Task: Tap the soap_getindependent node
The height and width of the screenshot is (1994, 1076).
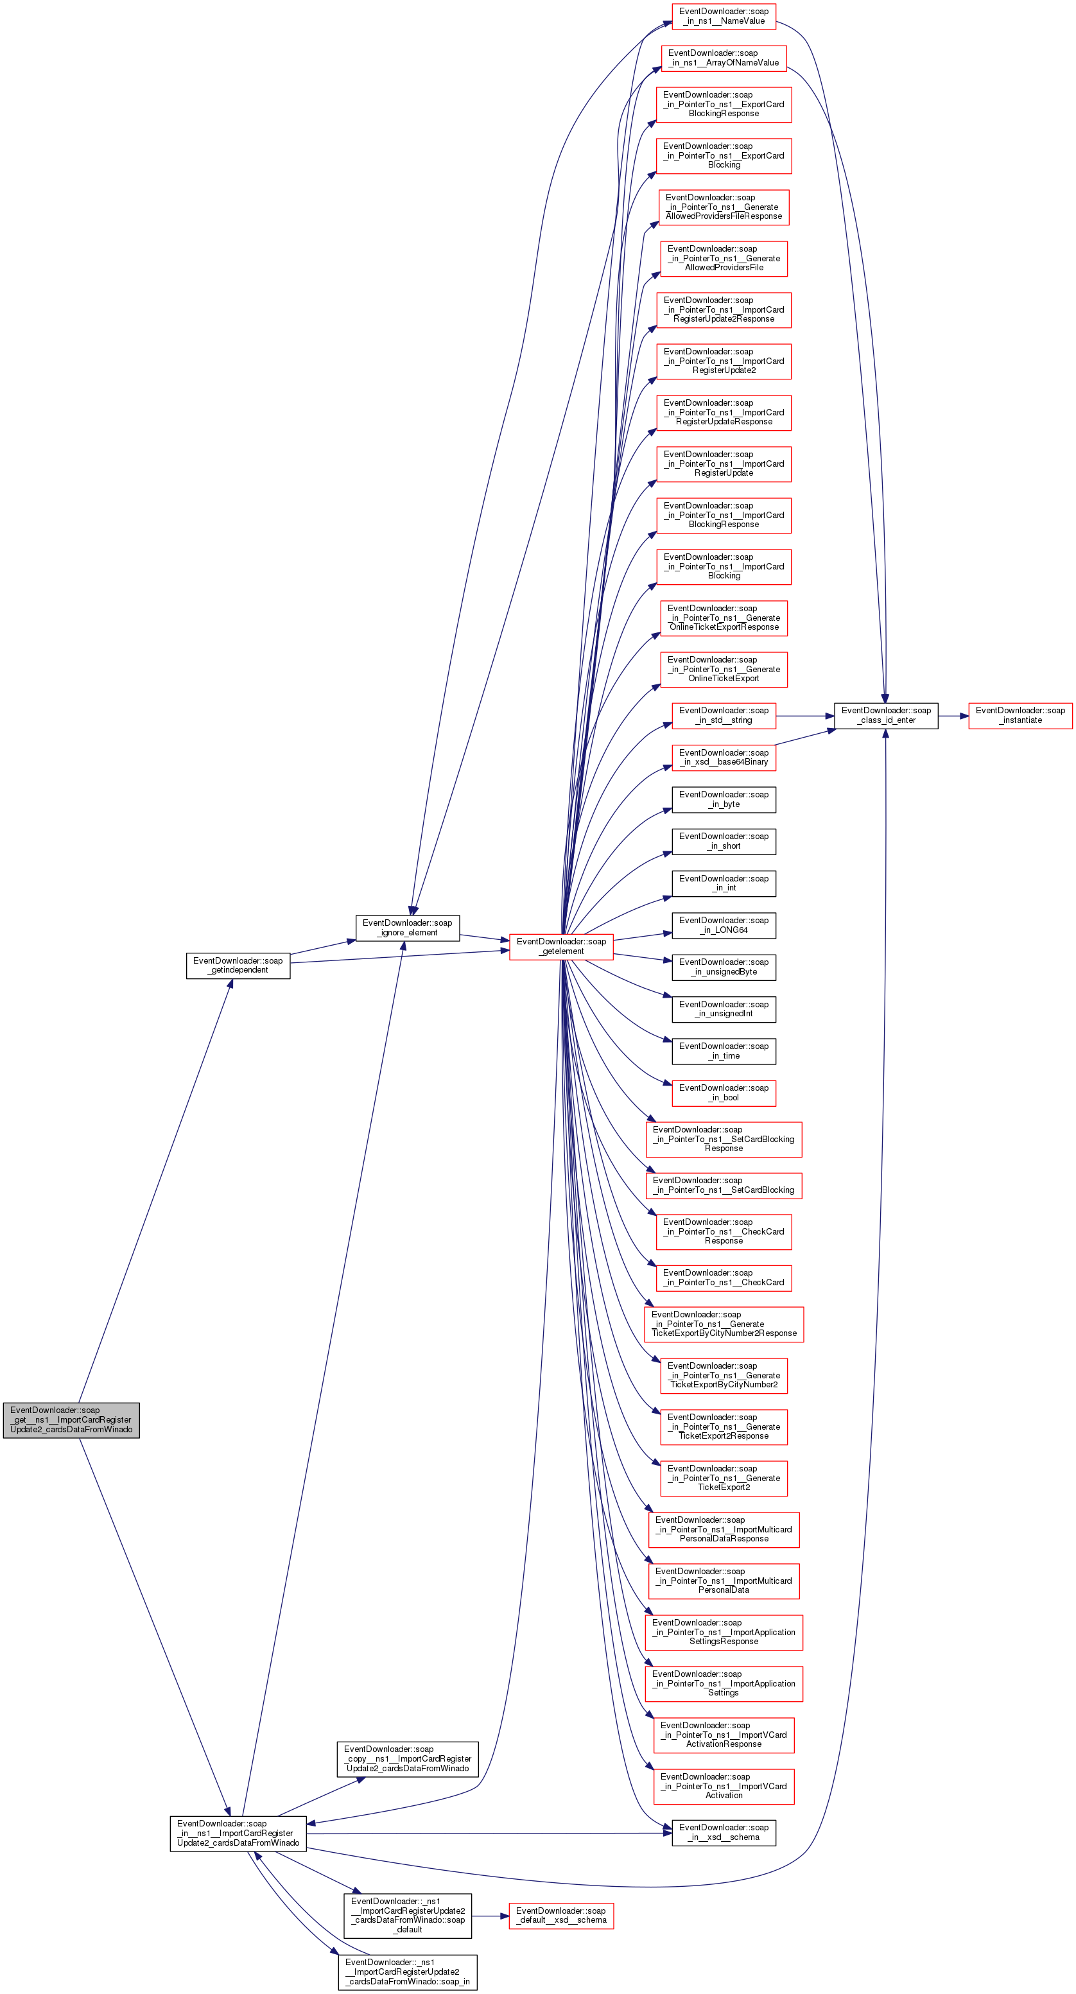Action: (238, 966)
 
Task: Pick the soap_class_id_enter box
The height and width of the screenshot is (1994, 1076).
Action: (885, 716)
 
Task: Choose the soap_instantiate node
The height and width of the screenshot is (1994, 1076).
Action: (1020, 716)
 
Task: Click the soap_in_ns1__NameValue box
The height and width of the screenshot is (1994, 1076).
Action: (724, 16)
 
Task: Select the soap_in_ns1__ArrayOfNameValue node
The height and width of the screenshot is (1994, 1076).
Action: (724, 58)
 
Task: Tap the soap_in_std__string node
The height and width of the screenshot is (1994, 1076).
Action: (724, 716)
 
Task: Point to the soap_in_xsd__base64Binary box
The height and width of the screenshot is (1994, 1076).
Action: (724, 758)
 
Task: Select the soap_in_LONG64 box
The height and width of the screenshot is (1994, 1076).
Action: (724, 925)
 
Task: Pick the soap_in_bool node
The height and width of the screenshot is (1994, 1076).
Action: (724, 1093)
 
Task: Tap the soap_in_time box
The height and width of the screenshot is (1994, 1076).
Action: (724, 1051)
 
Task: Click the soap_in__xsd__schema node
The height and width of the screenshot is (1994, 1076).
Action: (724, 1832)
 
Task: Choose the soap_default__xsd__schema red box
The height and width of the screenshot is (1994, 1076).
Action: (561, 1916)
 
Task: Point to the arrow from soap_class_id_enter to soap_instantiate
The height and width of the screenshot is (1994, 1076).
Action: (953, 716)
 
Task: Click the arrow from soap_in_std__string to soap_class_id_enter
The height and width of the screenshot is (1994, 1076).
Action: (805, 716)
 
